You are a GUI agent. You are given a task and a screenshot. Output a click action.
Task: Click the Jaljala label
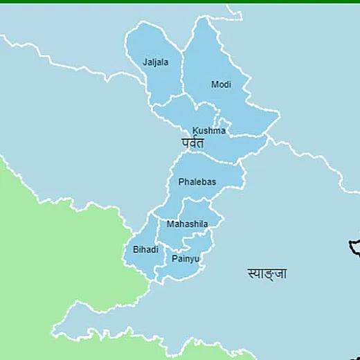click(155, 62)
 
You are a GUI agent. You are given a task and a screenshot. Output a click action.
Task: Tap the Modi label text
click(221, 84)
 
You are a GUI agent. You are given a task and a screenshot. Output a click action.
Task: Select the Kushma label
click(208, 130)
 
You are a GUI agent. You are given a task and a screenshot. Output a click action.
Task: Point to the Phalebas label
click(197, 181)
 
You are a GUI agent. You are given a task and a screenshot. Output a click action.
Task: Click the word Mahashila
click(187, 224)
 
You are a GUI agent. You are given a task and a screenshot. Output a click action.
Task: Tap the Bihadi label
click(145, 249)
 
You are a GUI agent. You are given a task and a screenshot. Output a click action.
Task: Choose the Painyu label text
click(186, 259)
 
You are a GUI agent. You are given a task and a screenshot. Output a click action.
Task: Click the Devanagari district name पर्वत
click(192, 143)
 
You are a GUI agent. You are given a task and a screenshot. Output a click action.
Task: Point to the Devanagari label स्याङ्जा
click(267, 273)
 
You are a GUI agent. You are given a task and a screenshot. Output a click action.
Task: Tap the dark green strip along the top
click(180, 1)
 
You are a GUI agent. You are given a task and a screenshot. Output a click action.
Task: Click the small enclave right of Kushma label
click(222, 123)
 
